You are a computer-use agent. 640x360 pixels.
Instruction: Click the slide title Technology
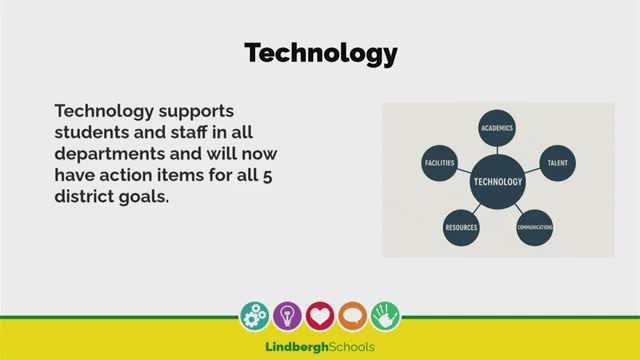(321, 53)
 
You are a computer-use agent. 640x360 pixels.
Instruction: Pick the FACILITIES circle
(440, 162)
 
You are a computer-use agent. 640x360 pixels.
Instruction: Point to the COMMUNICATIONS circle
(535, 228)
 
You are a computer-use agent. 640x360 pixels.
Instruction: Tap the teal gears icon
(255, 316)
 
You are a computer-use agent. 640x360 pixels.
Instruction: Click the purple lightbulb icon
(287, 316)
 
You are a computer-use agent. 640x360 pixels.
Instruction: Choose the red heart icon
(320, 316)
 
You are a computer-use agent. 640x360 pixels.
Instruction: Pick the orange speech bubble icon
(352, 316)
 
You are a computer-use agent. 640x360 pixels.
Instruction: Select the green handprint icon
(385, 316)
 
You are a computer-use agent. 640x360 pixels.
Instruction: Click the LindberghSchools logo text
(320, 347)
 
